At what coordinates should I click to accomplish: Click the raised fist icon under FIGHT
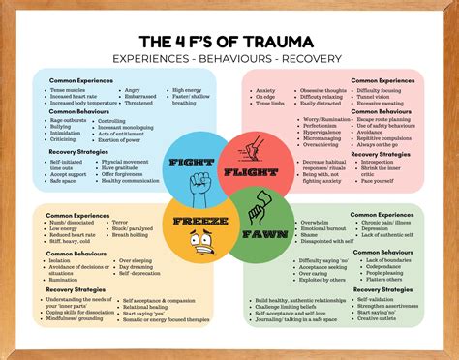[x=199, y=182]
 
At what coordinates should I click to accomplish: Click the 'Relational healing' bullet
[x=145, y=307]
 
